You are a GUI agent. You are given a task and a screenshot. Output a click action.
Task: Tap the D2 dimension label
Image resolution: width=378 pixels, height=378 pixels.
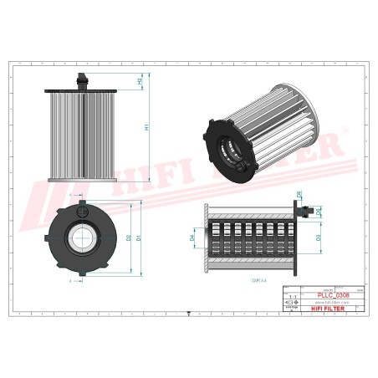point(129,238)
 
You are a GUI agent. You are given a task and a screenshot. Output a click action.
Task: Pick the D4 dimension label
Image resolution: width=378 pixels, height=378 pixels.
point(192,239)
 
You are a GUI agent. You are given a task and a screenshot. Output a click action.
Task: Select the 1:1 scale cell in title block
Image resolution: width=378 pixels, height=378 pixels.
point(292,296)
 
